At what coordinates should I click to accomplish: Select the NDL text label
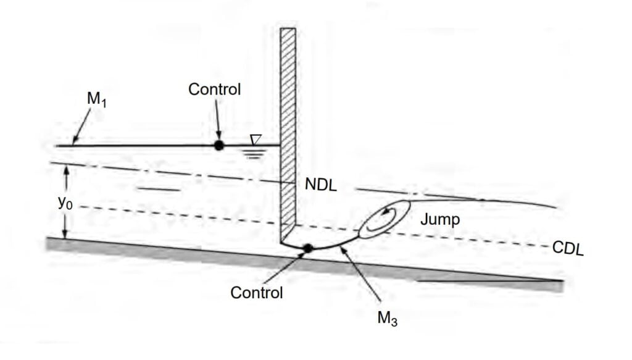(320, 185)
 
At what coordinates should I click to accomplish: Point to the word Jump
(439, 219)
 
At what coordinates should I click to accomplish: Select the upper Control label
(214, 90)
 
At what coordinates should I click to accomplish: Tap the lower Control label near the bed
(257, 292)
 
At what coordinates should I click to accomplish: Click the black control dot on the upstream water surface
(218, 145)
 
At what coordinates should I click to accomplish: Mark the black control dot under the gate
(307, 248)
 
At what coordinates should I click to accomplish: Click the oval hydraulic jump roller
(385, 219)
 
